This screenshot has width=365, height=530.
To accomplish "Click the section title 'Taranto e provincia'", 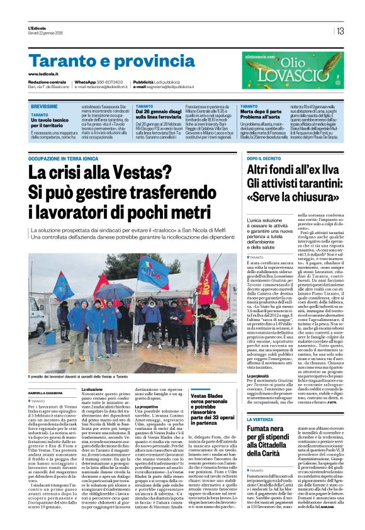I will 104,62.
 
